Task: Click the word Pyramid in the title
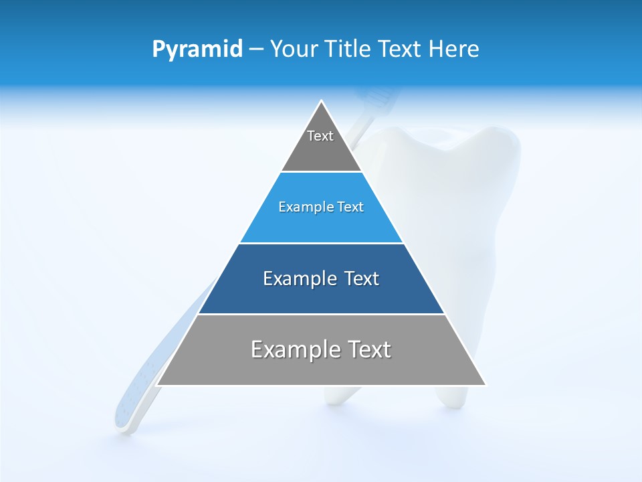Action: [197, 49]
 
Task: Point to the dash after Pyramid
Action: [256, 50]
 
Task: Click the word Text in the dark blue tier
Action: [357, 278]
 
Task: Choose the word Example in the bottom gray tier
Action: [296, 349]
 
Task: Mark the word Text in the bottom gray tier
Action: [368, 349]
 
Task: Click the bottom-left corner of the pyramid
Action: [156, 385]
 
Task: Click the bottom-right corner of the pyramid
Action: [486, 385]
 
